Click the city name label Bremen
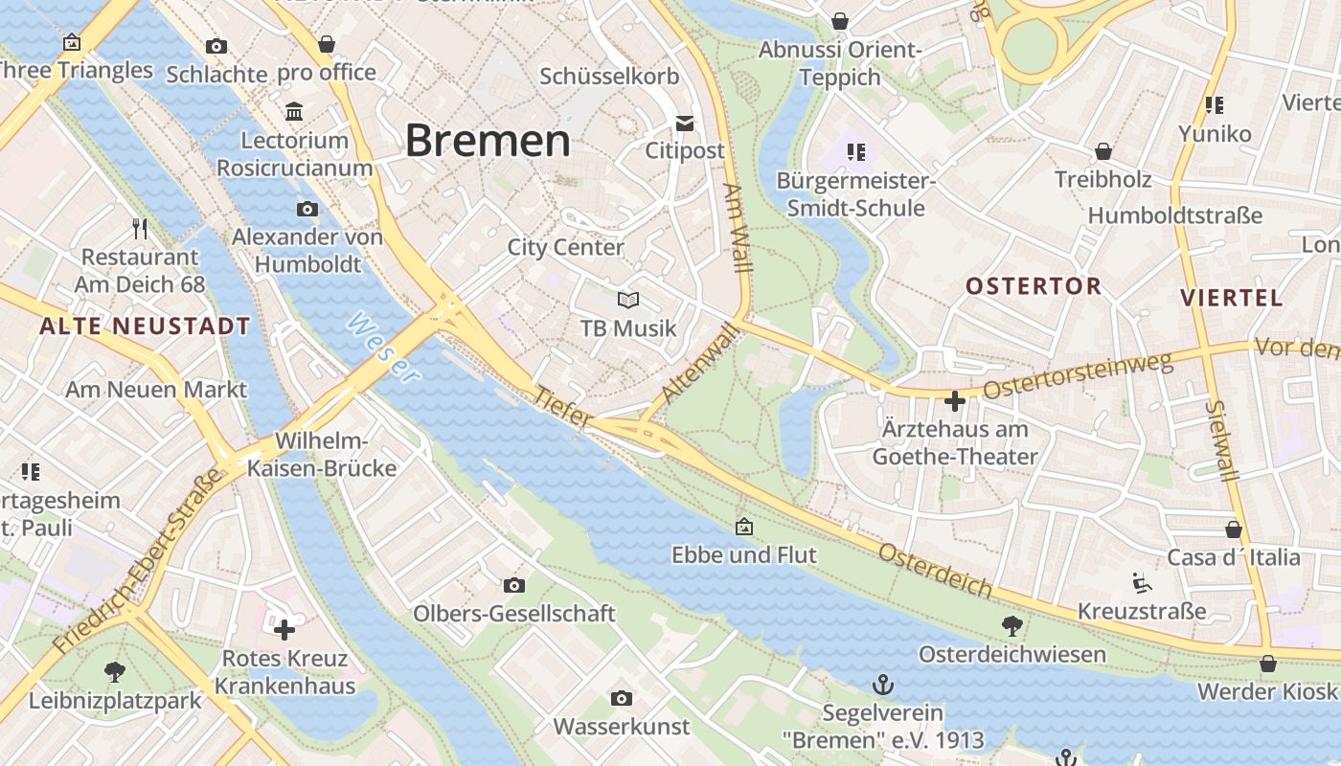[x=488, y=141]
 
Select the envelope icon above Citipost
[x=685, y=123]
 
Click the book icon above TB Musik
[x=627, y=300]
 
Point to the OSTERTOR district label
[x=1033, y=286]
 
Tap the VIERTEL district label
[x=1231, y=298]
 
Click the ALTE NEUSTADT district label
[x=145, y=327]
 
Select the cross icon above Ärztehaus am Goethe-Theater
[x=954, y=401]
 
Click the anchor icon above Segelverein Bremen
[x=882, y=685]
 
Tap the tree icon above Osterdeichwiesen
[x=1011, y=626]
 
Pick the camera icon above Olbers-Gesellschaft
[x=513, y=585]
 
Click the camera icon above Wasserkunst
[x=621, y=698]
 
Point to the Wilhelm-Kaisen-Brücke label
[x=322, y=455]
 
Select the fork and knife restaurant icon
[x=140, y=228]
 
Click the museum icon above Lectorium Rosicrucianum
[x=294, y=112]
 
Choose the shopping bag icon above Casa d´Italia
[x=1234, y=529]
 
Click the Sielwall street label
[x=1219, y=439]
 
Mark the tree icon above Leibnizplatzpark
[x=115, y=672]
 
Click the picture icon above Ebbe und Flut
[x=743, y=527]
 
